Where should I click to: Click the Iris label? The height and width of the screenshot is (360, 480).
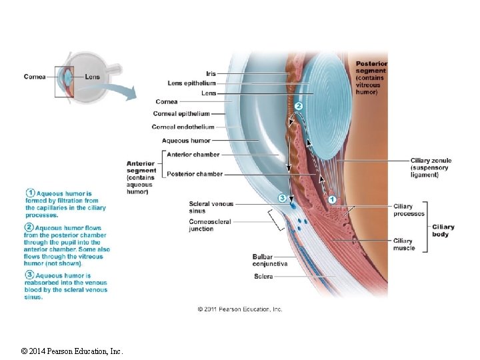211,73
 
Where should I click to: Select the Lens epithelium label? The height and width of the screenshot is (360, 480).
192,83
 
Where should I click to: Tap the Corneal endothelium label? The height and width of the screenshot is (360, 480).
183,127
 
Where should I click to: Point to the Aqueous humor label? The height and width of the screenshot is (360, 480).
186,141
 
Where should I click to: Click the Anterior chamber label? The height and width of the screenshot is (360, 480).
193,155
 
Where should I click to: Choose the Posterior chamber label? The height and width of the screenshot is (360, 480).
195,174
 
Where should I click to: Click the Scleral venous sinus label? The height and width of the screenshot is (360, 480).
211,207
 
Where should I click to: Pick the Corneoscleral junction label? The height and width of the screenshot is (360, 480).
211,225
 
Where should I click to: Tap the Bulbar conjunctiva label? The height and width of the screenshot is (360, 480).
269,260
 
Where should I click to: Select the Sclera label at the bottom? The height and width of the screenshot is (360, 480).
263,276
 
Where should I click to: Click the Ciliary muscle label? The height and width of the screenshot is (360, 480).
404,244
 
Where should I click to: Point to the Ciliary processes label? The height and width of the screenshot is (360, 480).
409,210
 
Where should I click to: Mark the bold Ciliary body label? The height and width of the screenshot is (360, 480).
443,230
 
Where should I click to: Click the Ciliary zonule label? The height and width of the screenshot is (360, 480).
431,167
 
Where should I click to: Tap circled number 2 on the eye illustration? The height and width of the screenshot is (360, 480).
299,106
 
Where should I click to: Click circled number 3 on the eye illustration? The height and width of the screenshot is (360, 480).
282,198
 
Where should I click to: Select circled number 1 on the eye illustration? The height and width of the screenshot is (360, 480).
333,199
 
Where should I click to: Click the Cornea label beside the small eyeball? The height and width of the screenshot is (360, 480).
35,77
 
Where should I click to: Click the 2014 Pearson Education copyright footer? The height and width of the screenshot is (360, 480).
71,351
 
